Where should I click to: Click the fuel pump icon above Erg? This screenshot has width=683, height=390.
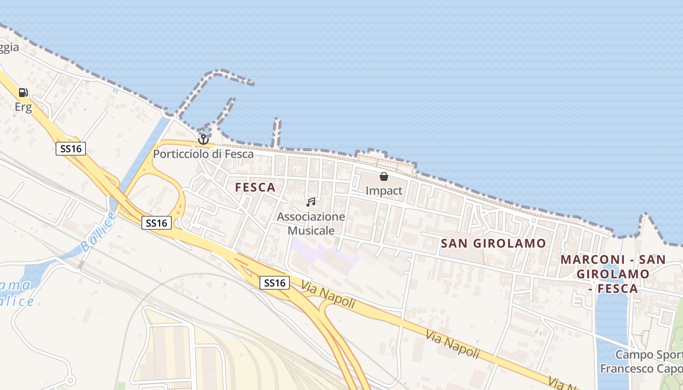tap(23, 93)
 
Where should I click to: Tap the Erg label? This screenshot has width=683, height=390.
tap(23, 107)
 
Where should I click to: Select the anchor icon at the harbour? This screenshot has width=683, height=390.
tap(203, 140)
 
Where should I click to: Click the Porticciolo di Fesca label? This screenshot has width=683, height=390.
tap(203, 154)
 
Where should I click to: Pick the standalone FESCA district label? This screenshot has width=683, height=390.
tap(255, 187)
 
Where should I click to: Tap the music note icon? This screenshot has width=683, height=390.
tap(311, 202)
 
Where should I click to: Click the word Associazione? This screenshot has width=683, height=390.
tap(311, 216)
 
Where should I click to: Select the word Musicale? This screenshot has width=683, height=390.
tap(311, 230)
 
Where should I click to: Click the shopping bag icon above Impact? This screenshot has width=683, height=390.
tap(384, 176)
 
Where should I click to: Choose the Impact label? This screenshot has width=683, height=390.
tap(384, 191)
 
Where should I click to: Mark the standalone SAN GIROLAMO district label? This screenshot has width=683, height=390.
tap(493, 243)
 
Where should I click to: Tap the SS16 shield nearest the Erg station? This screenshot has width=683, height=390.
tap(71, 149)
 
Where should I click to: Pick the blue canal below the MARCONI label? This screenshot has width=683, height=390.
tap(610, 322)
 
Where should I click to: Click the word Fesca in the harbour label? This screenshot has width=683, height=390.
tap(239, 154)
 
